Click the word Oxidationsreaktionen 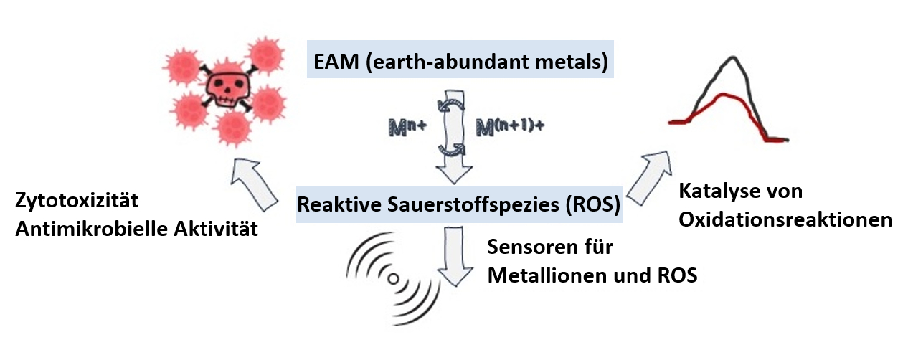point(785,219)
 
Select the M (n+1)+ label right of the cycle point(510,127)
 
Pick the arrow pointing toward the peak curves point(650,175)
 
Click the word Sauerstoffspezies point(459,204)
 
